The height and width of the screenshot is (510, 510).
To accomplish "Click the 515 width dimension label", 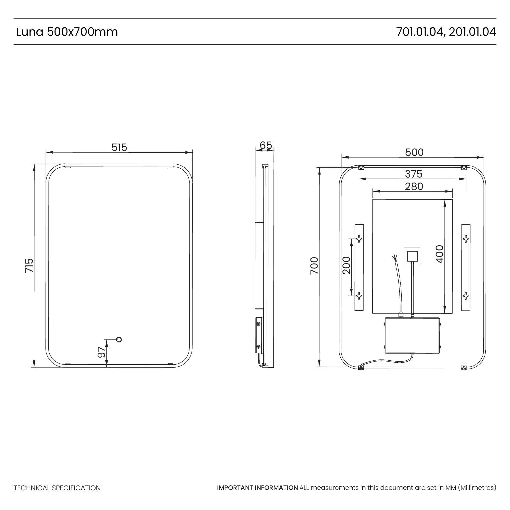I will point(119,147).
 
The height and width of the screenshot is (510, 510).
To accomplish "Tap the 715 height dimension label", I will point(29,265).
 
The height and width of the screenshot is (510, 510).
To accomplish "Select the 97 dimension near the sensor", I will point(101,352).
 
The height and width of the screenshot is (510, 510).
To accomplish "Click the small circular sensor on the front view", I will point(119,339).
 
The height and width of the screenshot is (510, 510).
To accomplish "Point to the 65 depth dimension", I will point(265,145).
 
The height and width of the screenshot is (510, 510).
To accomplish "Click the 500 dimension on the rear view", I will point(414,152).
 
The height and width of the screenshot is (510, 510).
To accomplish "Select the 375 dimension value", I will point(414,174).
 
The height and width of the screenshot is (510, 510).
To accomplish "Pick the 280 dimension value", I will point(414,187).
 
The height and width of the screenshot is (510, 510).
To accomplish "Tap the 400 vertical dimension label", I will point(440,254).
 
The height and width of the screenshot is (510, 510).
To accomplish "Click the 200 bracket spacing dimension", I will point(346,265).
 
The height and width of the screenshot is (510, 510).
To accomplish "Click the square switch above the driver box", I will point(412,256).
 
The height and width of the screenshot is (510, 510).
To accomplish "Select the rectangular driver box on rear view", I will point(412,335).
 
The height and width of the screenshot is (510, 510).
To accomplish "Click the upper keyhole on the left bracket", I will point(359,239).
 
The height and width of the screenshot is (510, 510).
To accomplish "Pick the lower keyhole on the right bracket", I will point(466,296).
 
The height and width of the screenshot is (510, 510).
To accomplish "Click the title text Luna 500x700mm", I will point(67,32).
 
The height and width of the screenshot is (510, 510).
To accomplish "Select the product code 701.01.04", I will point(419,32).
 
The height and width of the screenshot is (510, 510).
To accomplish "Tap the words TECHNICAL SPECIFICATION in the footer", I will point(57,488).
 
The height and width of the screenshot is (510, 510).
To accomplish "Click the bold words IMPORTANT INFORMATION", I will point(257,488).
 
